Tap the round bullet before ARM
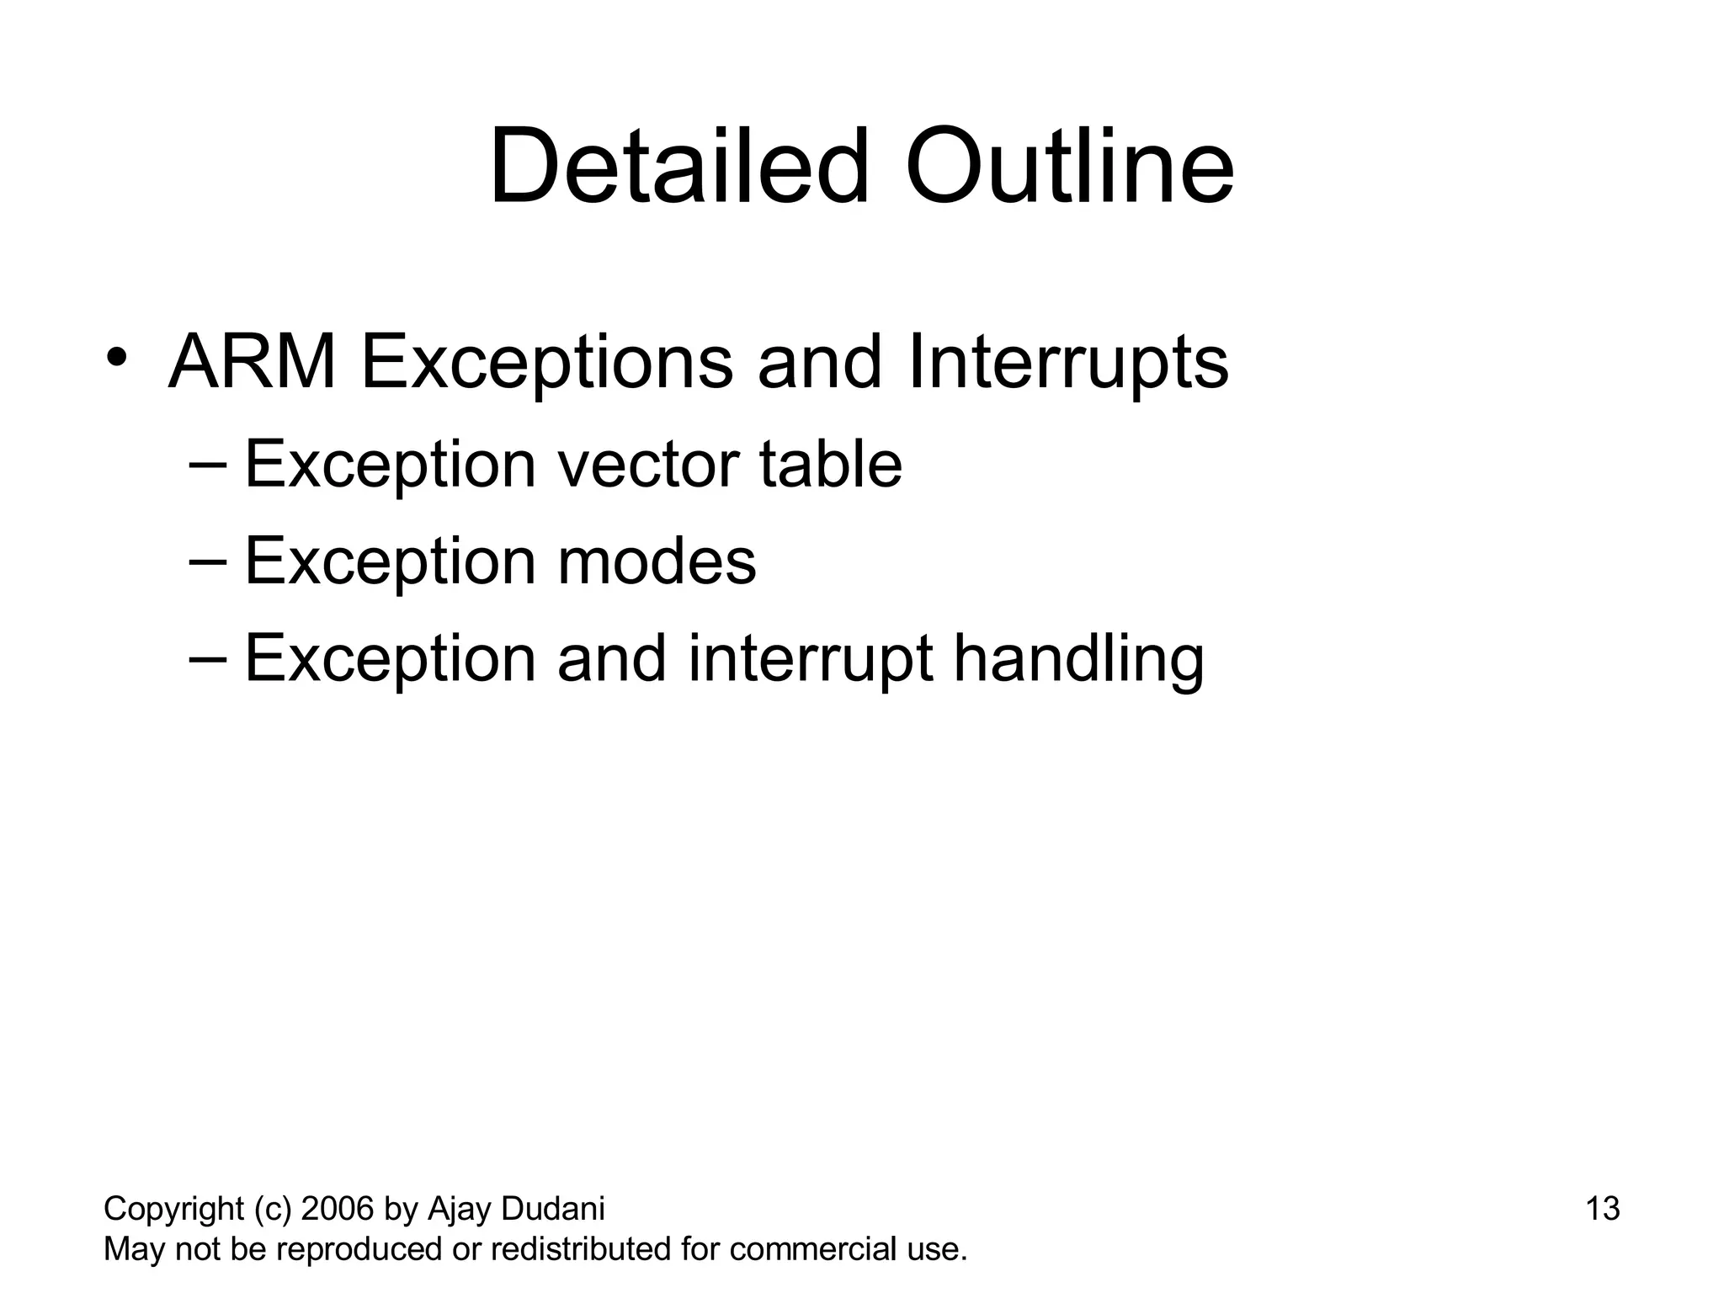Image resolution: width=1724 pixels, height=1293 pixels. coord(116,357)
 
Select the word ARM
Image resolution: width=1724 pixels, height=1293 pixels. coord(253,363)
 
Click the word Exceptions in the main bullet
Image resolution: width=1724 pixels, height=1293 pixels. coord(547,364)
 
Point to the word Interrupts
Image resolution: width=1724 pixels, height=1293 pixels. coord(1068,364)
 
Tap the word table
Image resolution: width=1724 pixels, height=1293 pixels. coord(830,465)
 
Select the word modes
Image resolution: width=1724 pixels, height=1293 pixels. coord(657,561)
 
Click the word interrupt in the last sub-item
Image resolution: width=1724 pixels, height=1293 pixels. coord(810,659)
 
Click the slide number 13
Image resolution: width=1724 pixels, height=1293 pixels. coord(1602,1209)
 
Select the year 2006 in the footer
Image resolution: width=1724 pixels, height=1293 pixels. coord(337,1209)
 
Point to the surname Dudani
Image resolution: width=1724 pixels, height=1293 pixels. coord(553,1209)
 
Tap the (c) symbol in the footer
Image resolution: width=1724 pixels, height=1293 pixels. coord(272,1210)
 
